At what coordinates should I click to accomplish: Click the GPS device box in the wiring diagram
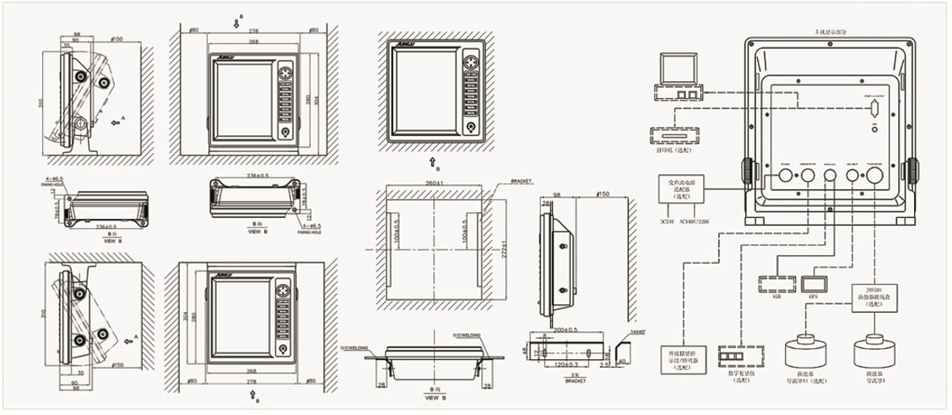point(815,281)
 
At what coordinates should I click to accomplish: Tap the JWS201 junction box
point(869,298)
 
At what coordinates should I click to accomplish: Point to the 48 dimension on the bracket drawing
point(524,349)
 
